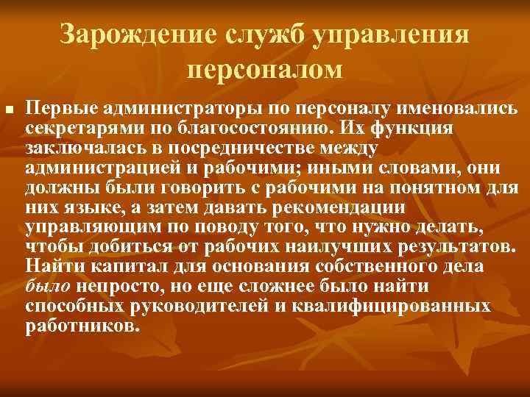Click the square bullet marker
[9, 111]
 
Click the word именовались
[453, 110]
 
